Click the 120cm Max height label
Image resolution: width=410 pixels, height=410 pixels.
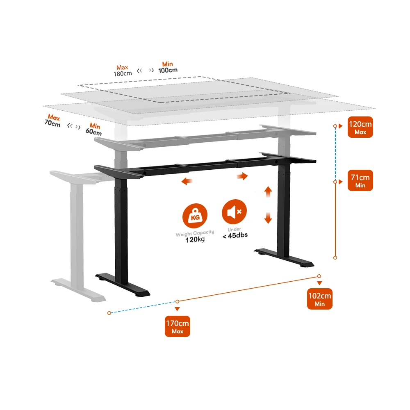tap(360, 127)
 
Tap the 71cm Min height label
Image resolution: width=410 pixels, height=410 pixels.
tap(360, 180)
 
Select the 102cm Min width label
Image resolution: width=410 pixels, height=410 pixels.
tap(320, 299)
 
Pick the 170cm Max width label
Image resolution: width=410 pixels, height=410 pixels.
tap(178, 326)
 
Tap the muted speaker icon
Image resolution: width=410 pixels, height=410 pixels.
tap(234, 212)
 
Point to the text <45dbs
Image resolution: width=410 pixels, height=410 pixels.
tap(235, 235)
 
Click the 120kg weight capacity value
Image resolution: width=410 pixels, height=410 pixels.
tap(195, 239)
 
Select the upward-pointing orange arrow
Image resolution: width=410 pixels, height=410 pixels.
tap(268, 191)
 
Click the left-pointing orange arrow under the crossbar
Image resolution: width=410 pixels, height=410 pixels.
tap(188, 181)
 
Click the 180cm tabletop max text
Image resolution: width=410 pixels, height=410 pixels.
tap(123, 74)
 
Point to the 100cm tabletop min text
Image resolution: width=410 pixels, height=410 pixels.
tap(168, 70)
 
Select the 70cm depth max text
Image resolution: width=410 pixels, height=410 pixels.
tap(52, 123)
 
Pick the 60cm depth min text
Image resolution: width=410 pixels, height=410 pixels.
tap(93, 132)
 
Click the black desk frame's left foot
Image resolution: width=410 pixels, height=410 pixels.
tap(123, 285)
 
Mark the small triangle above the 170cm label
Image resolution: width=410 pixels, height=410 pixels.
tap(177, 309)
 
